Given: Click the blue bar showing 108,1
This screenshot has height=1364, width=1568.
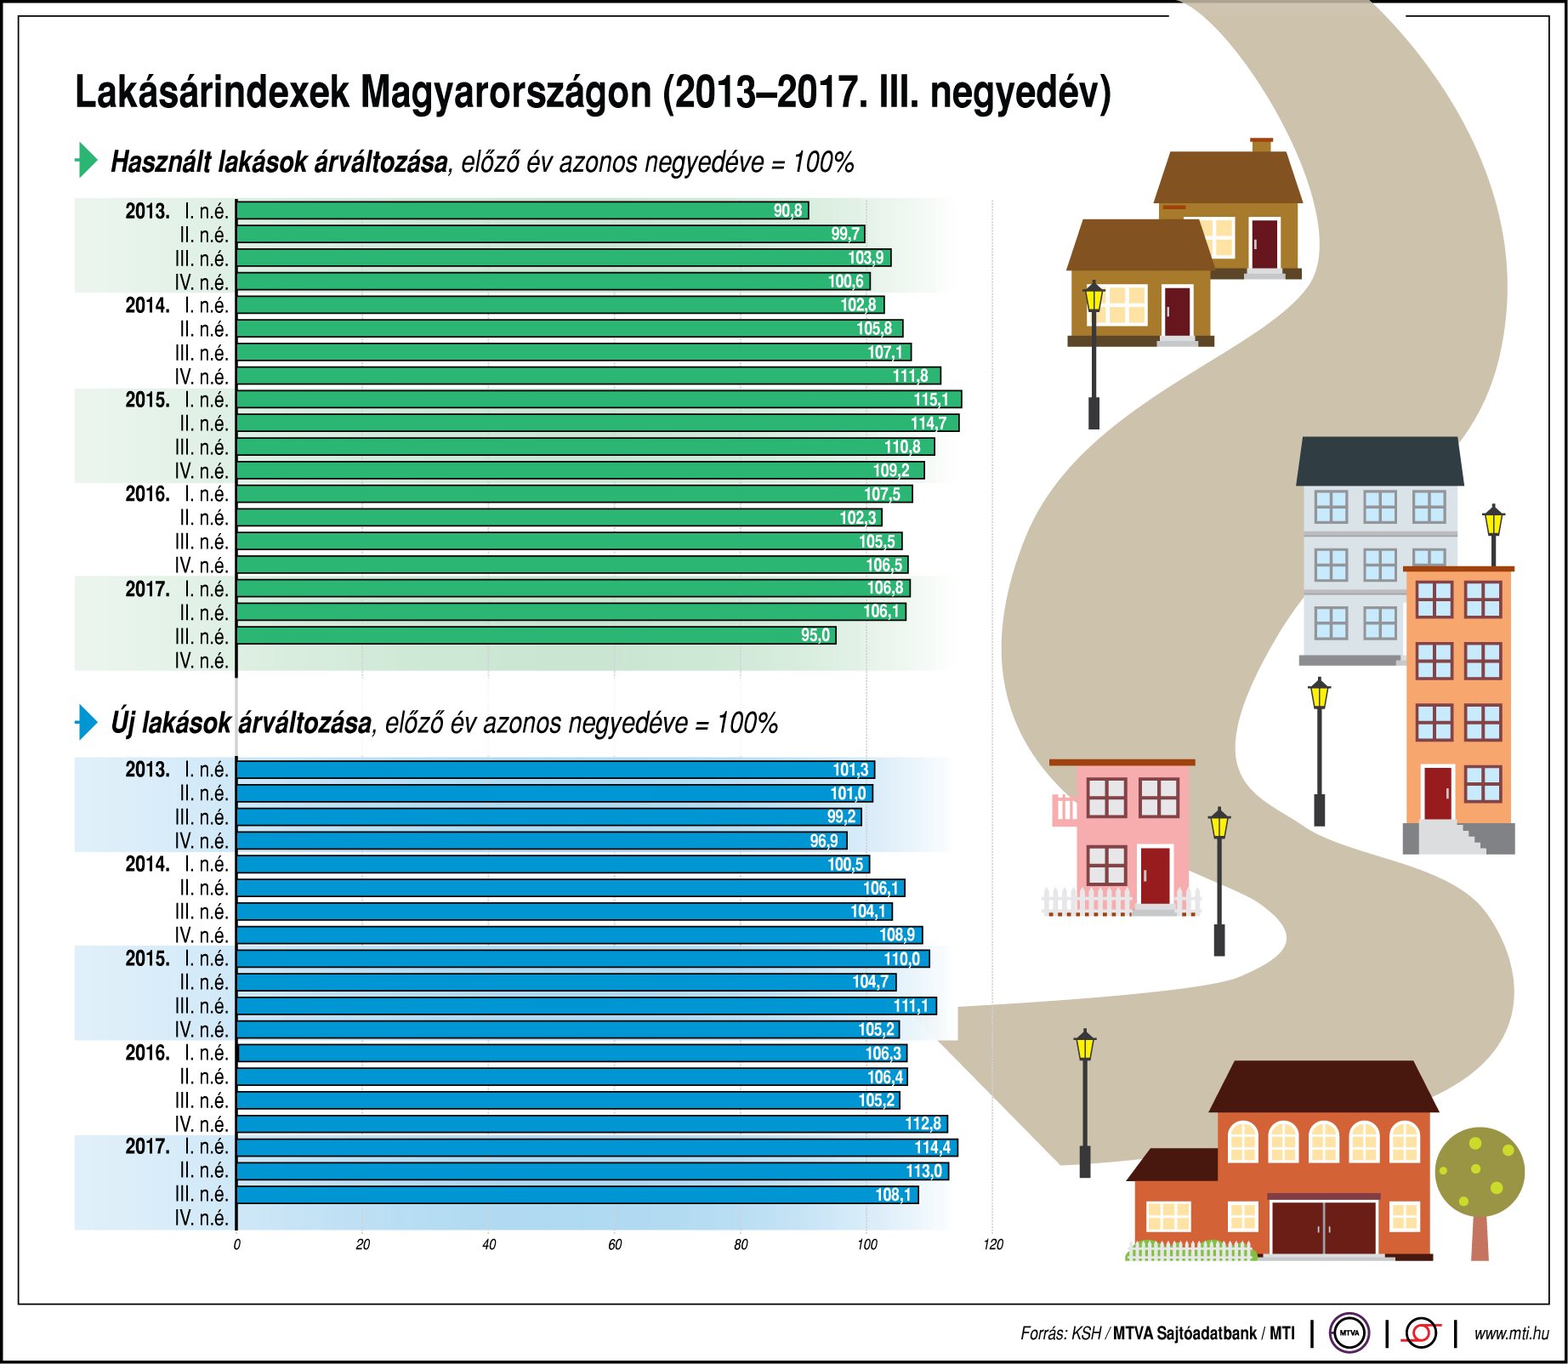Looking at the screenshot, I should [x=577, y=1195].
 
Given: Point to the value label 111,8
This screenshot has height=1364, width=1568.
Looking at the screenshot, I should [x=910, y=376].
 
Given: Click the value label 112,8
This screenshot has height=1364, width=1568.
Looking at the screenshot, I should [x=923, y=1124].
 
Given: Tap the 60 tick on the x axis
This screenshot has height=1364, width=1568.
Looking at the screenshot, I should [x=615, y=1245].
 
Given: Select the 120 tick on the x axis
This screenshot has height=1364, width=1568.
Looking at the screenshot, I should [x=993, y=1245].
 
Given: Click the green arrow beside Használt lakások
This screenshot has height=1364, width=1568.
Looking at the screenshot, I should [x=86, y=160].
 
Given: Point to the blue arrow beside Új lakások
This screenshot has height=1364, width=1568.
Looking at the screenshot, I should [x=86, y=722].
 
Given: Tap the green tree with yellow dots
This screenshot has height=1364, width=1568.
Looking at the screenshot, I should [x=1480, y=1172].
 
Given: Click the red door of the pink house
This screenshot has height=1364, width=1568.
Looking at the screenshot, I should [x=1155, y=875].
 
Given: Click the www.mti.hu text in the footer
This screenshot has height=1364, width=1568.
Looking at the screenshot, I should [x=1511, y=1333].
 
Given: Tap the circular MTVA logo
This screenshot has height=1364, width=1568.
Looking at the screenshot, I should [x=1349, y=1333].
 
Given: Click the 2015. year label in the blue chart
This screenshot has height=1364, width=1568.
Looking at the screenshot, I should [x=147, y=958].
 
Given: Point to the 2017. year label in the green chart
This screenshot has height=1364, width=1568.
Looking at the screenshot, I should [x=147, y=588].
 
